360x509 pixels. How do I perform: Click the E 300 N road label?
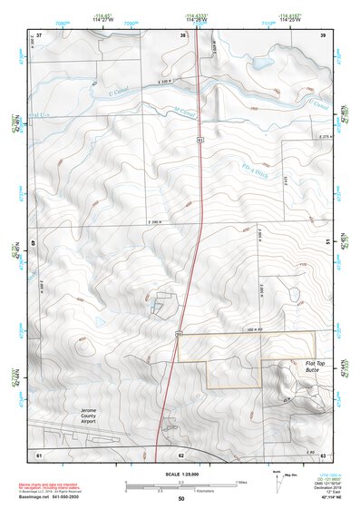[158, 222]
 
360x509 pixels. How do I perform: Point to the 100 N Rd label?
[229, 330]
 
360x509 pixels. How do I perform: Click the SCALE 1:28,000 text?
[179, 475]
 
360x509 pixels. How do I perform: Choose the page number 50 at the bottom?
[181, 499]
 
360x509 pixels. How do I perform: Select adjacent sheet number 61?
[39, 454]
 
